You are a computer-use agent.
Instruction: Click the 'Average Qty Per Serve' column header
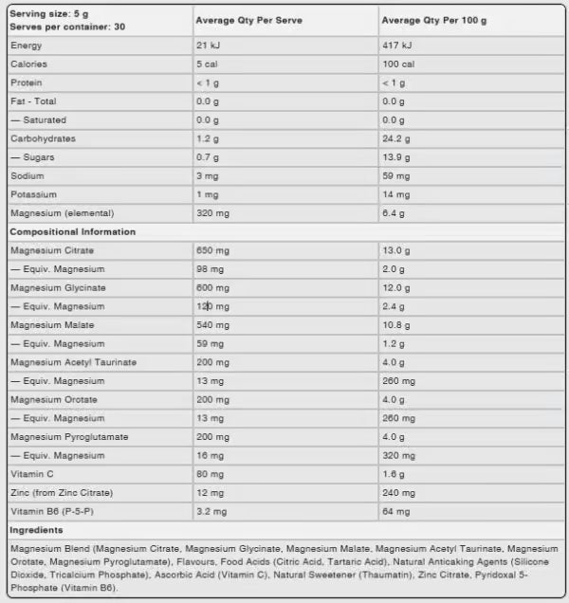click(248, 20)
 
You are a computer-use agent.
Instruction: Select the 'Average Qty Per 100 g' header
click(434, 20)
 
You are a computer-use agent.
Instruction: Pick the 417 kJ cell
click(395, 46)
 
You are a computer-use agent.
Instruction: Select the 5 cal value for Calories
click(207, 64)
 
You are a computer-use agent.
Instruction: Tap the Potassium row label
click(32, 194)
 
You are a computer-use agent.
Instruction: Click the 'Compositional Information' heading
click(72, 231)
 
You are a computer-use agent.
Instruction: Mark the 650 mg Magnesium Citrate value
click(212, 250)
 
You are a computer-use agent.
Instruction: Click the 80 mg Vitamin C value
click(210, 474)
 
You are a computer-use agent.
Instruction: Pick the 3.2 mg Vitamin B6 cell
click(211, 511)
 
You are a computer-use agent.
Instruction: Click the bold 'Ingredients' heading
click(36, 530)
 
